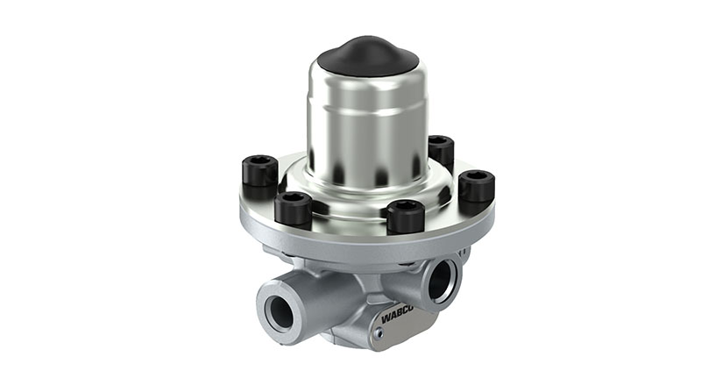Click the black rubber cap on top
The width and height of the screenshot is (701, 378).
pyautogui.click(x=367, y=55)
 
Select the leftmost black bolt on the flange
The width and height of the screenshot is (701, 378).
pyautogui.click(x=260, y=170)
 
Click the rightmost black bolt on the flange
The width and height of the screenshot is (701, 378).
pyautogui.click(x=477, y=185)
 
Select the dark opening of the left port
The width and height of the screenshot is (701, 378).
pyautogui.click(x=283, y=311)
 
